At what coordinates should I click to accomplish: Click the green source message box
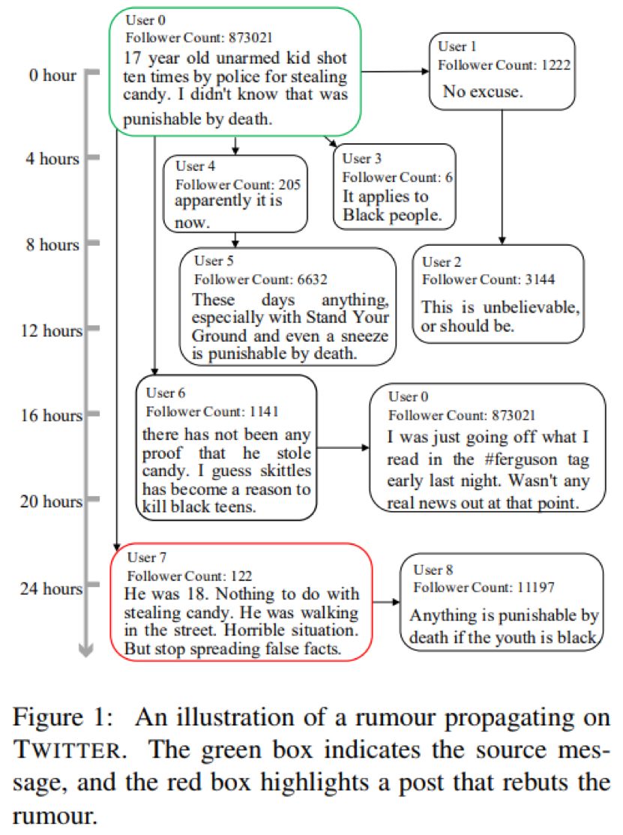tap(235, 72)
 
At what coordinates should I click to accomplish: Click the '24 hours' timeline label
tap(51, 588)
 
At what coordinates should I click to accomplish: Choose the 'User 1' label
tap(457, 47)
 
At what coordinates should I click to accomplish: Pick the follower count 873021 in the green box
tap(265, 36)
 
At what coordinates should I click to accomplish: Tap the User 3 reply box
tap(395, 186)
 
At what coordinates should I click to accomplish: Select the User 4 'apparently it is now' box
tap(235, 193)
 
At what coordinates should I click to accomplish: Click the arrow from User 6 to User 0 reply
tap(343, 447)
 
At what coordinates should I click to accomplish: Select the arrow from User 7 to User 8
tap(387, 601)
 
